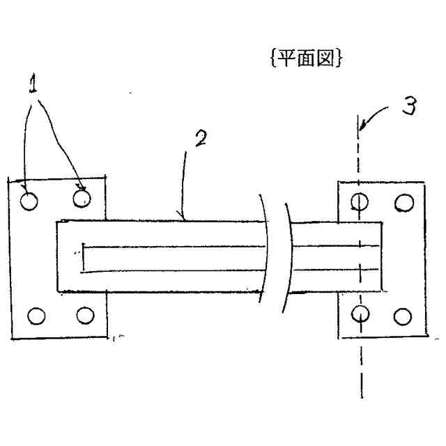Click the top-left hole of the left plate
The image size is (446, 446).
(29, 201)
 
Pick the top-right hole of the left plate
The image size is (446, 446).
(82, 199)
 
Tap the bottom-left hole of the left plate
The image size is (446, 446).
(33, 316)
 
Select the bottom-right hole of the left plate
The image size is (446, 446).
(85, 315)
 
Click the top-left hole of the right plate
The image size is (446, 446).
(359, 202)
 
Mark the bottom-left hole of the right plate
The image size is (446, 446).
(359, 314)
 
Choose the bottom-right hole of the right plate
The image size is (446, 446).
(402, 316)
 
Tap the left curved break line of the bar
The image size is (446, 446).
(265, 258)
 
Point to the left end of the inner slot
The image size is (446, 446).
(82, 258)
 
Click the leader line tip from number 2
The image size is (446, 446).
(183, 218)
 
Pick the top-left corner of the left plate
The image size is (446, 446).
(8, 180)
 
